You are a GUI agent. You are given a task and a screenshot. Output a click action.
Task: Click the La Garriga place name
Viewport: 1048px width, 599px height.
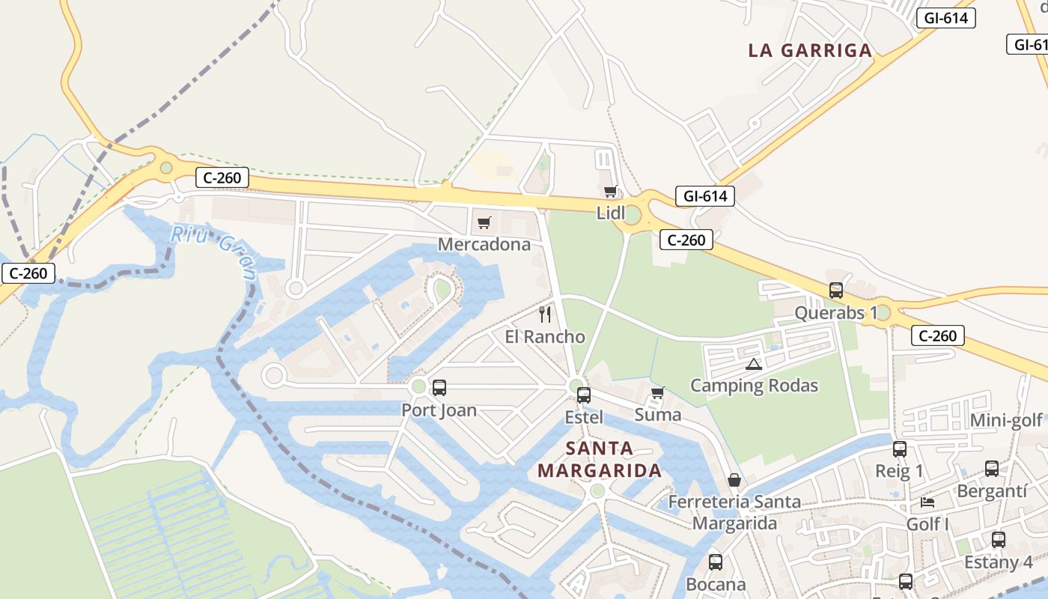pyautogui.click(x=810, y=51)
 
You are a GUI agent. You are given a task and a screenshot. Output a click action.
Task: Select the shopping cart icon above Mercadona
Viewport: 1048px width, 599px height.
pyautogui.click(x=484, y=223)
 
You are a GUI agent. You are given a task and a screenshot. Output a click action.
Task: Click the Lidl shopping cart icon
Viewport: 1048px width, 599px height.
pyautogui.click(x=611, y=192)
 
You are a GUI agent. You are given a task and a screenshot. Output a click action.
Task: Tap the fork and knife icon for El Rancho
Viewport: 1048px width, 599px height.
pyautogui.click(x=545, y=314)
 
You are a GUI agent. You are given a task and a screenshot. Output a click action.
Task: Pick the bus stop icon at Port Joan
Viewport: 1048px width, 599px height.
pyautogui.click(x=439, y=388)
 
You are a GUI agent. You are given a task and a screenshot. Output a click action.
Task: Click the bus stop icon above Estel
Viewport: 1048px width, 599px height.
pyautogui.click(x=584, y=395)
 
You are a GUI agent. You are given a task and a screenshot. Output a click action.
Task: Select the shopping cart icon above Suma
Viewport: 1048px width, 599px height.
pyautogui.click(x=658, y=393)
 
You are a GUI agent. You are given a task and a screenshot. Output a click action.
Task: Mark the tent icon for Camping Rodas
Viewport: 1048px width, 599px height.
pyautogui.click(x=754, y=365)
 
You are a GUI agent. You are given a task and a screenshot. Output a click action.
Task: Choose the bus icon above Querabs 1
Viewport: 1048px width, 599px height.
pyautogui.click(x=836, y=291)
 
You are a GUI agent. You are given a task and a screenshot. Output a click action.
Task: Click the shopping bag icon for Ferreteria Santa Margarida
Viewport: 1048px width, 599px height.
pyautogui.click(x=734, y=480)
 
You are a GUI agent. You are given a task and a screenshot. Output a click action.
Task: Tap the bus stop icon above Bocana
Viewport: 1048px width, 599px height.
pyautogui.click(x=716, y=562)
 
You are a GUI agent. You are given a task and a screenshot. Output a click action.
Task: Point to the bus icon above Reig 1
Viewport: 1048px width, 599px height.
pyautogui.click(x=900, y=449)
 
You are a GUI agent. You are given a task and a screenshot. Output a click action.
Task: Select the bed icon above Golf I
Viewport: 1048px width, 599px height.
pyautogui.click(x=927, y=502)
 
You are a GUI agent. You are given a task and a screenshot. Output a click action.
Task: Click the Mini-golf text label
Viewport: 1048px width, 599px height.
pyautogui.click(x=1006, y=421)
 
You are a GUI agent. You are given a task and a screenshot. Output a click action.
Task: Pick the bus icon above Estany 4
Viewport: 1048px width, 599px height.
pyautogui.click(x=998, y=540)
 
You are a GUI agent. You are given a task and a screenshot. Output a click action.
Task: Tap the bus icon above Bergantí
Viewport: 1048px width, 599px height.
pyautogui.click(x=992, y=469)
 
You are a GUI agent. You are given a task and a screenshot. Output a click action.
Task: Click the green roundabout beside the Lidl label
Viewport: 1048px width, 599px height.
pyautogui.click(x=633, y=216)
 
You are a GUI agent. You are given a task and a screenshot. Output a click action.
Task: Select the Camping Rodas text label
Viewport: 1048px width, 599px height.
pyautogui.click(x=754, y=386)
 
